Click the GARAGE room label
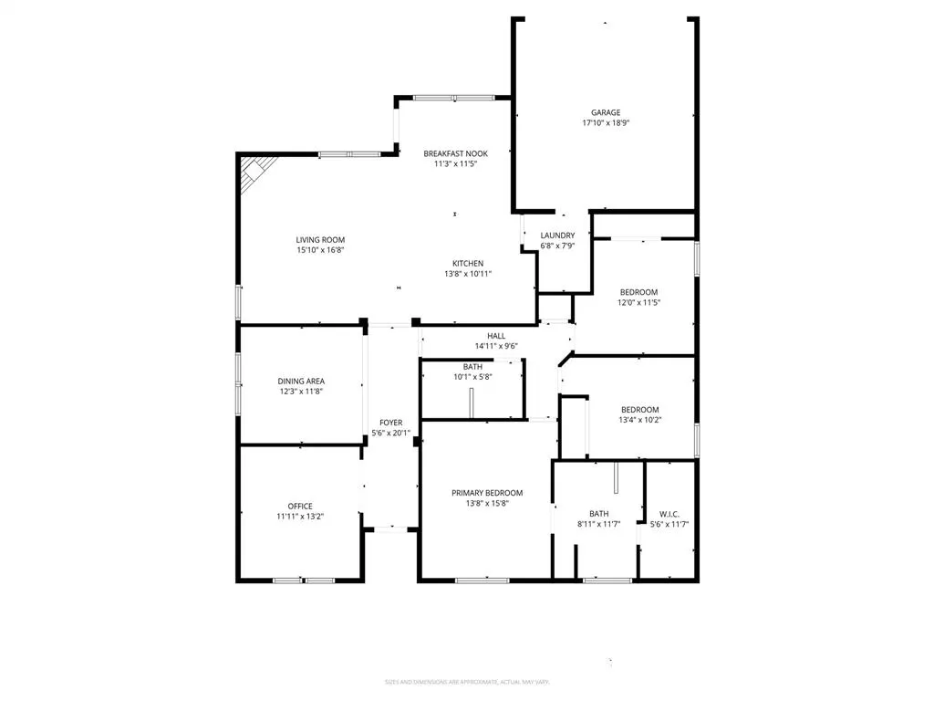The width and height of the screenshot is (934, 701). pos(605,113)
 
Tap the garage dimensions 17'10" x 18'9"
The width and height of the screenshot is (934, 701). pos(605,123)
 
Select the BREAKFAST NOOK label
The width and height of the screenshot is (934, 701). pos(455,153)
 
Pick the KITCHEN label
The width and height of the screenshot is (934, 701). pos(467,263)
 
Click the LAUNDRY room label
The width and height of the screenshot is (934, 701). pos(557,235)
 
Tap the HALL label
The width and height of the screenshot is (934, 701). pos(495,336)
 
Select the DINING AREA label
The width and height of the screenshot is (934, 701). pos(301,382)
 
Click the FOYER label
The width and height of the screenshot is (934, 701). pos(391,423)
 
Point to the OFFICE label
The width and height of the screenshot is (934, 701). pos(300,506)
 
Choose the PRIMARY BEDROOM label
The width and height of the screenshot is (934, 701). pos(487,493)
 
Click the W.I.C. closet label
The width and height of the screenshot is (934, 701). pos(669,513)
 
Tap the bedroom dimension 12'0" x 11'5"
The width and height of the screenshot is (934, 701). pos(638,302)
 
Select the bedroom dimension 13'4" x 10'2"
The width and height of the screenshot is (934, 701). pos(639,420)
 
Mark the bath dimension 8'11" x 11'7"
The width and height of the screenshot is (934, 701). pos(598,524)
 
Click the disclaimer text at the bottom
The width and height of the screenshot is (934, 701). pos(467,682)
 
